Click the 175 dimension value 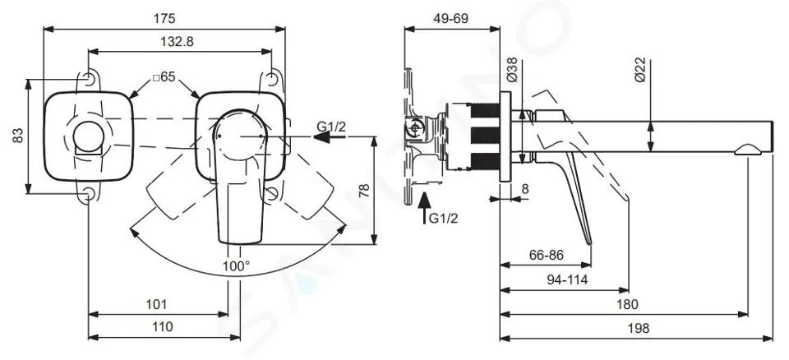[x=164, y=19]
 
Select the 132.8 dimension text [x=178, y=42]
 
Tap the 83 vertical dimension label [x=18, y=136]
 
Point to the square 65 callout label [x=164, y=77]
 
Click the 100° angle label [x=237, y=265]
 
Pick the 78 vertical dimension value [x=364, y=191]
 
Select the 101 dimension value [x=156, y=304]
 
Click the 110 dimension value [x=162, y=327]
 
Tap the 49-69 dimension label [x=451, y=19]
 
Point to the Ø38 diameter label [x=511, y=70]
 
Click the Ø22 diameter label [x=639, y=70]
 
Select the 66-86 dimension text [x=547, y=256]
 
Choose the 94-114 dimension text [x=567, y=280]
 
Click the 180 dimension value [x=627, y=304]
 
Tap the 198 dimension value [x=639, y=328]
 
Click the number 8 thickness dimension [x=525, y=189]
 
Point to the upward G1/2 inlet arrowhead [x=425, y=201]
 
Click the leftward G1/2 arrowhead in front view [x=322, y=136]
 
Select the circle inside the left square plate [x=88, y=136]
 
